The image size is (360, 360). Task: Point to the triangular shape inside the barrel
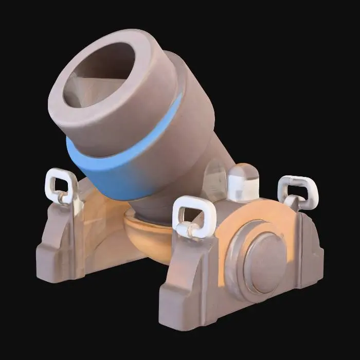pyautogui.click(x=85, y=87)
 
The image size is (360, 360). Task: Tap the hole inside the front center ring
pyautogui.click(x=194, y=214)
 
